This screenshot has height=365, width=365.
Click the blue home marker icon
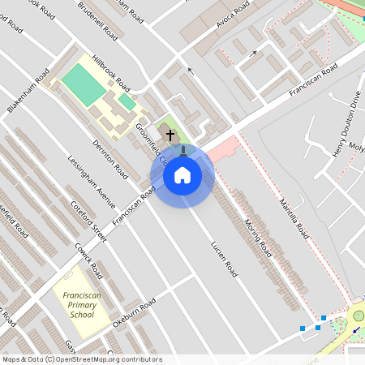(182, 174)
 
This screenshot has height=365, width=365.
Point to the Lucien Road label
(223, 257)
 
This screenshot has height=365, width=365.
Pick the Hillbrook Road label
(111, 73)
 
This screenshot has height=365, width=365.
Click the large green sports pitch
(84, 84)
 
